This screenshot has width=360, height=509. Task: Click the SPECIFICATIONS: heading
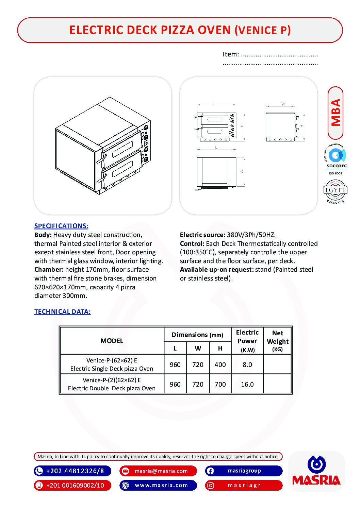(x=61, y=226)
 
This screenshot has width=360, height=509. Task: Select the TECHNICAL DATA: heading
(x=62, y=312)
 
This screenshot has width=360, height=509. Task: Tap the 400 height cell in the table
(x=220, y=365)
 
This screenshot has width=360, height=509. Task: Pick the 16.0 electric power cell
(x=247, y=385)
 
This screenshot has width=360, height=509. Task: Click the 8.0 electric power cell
(x=247, y=365)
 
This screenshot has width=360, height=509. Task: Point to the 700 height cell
(x=220, y=385)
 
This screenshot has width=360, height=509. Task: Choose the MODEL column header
(x=112, y=341)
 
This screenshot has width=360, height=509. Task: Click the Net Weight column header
(x=278, y=341)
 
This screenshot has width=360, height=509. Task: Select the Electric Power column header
(x=247, y=341)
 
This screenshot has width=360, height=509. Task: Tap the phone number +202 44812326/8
(x=75, y=471)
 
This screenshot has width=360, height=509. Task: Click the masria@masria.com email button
(x=161, y=471)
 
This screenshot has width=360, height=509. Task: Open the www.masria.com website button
(x=161, y=486)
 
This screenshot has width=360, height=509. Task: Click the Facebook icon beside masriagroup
(x=210, y=471)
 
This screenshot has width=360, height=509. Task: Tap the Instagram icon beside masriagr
(x=211, y=486)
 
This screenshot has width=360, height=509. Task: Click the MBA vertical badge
(x=336, y=113)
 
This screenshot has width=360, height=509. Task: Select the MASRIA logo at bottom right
(x=316, y=471)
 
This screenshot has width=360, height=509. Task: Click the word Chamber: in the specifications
(x=49, y=270)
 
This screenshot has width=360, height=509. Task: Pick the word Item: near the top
(x=231, y=54)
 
